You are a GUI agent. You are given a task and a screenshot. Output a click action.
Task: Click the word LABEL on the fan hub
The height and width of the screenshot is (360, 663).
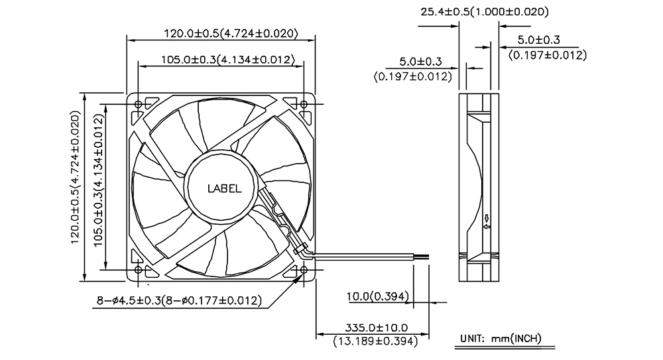coord(225,189)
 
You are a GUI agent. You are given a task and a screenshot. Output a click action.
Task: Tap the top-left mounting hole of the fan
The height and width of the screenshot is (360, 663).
coord(139,104)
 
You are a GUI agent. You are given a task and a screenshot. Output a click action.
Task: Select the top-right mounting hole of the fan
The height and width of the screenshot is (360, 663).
coord(304,104)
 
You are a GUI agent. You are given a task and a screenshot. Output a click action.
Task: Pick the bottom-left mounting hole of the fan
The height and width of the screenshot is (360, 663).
coord(139,269)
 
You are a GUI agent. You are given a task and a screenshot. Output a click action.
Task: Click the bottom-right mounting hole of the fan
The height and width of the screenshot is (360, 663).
coord(304,269)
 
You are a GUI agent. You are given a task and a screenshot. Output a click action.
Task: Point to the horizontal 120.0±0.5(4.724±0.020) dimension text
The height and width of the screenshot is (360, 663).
coord(231,33)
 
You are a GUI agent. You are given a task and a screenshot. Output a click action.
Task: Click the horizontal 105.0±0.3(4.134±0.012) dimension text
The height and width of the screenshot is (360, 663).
coord(227,60)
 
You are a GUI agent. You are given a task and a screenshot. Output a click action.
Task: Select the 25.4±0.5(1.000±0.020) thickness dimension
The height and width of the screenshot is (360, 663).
coord(485,12)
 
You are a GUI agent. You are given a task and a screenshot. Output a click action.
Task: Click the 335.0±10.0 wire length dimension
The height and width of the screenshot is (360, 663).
coord(377,328)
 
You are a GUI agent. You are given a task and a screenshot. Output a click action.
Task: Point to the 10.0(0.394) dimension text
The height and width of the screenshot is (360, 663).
coord(378,296)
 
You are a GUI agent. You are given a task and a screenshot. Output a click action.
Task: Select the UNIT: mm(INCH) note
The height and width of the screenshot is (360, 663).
coord(501,338)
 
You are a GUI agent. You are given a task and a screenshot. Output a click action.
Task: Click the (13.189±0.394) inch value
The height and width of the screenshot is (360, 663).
coord(375,341)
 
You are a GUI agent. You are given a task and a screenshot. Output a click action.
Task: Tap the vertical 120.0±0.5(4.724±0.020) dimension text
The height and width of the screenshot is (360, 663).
coord(76,177)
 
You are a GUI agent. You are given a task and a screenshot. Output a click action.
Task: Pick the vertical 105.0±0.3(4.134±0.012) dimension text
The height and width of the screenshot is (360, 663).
coord(99,180)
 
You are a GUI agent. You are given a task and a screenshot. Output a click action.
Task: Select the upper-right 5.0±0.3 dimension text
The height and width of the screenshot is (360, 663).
coord(538,40)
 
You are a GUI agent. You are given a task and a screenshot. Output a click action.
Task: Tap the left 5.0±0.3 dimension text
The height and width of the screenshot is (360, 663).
coord(420,62)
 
